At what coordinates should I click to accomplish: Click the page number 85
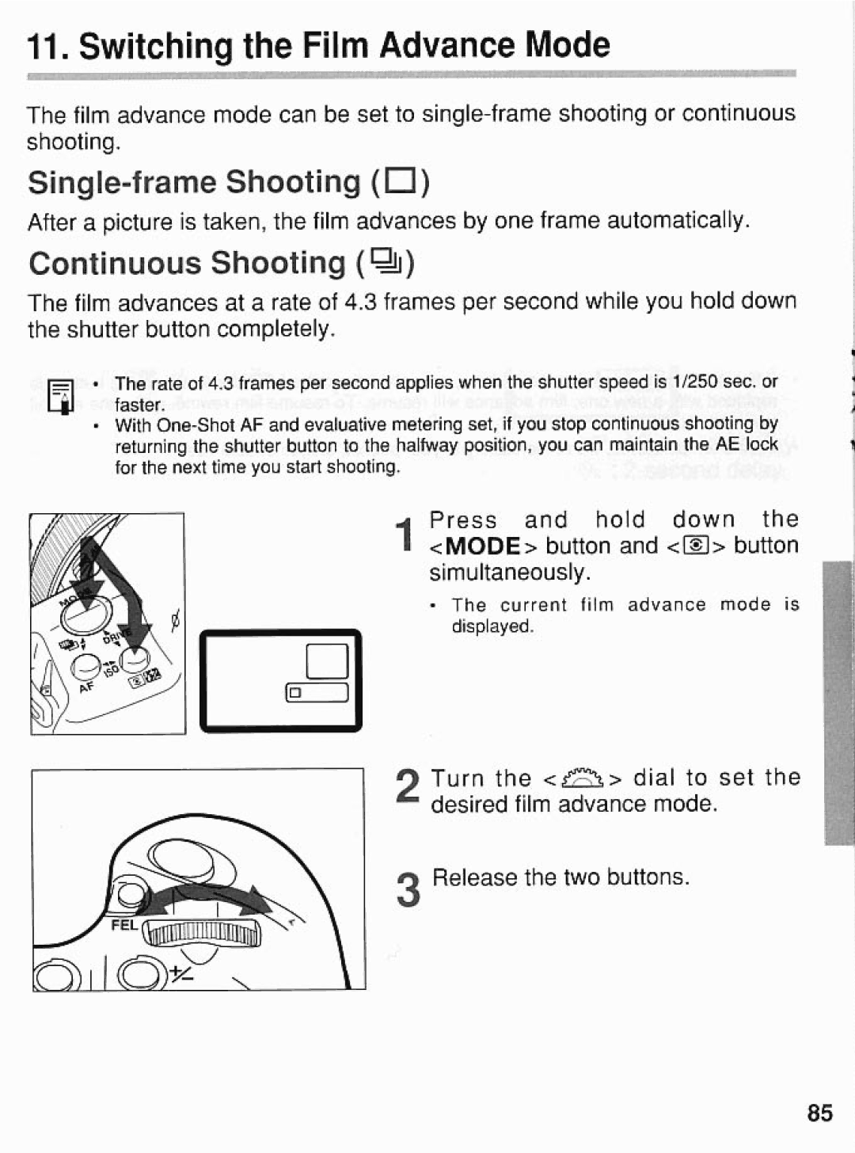820,1113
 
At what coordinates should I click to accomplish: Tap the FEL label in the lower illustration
124,925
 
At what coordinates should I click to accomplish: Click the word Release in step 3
474,877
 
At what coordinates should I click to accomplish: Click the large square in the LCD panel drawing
328,660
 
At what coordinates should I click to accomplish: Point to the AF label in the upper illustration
86,687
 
